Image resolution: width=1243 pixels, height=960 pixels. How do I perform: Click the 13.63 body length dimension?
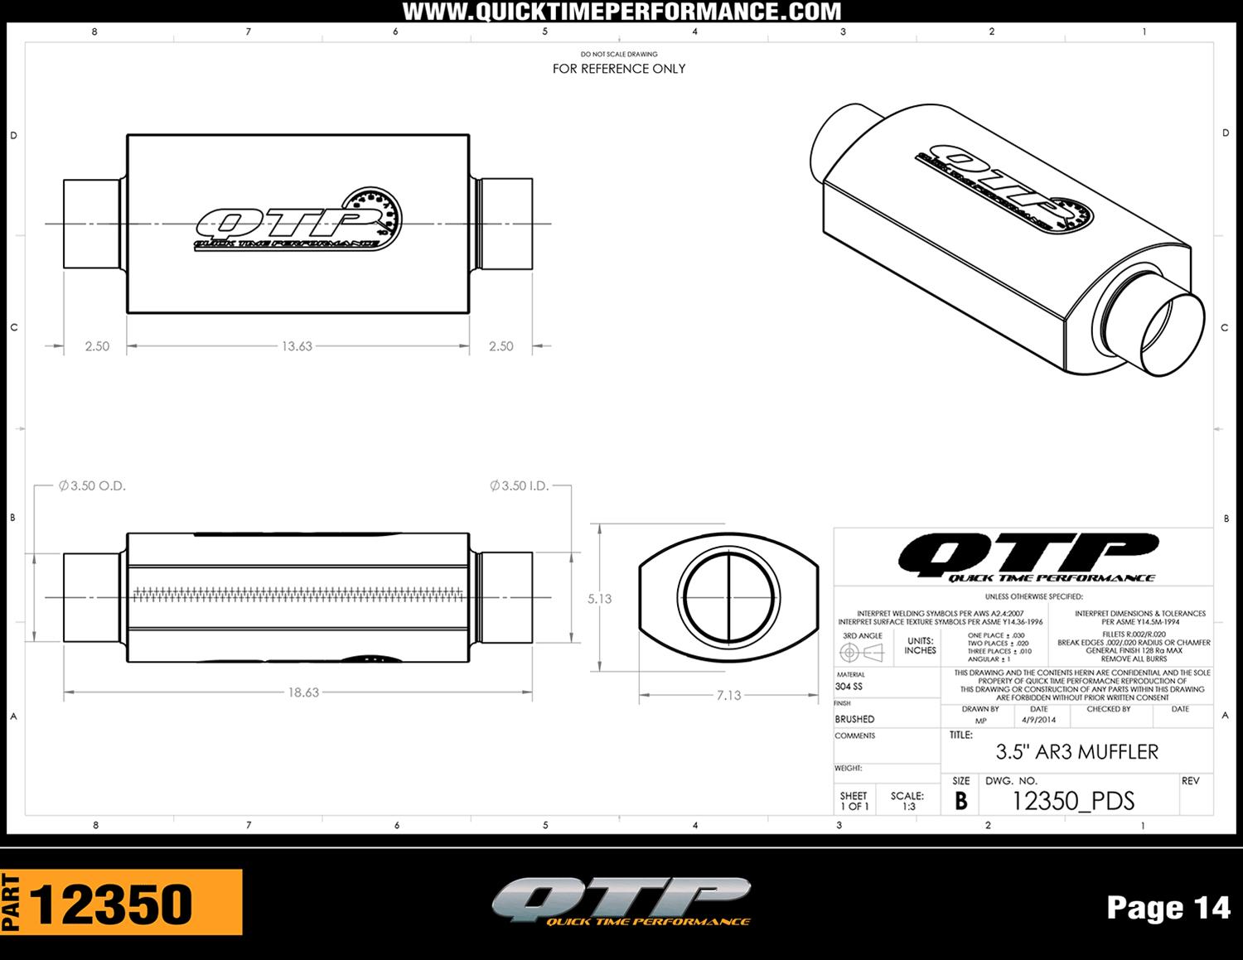tap(297, 346)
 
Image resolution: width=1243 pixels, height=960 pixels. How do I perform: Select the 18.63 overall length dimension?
tap(303, 692)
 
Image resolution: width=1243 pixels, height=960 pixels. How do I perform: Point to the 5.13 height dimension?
tap(599, 599)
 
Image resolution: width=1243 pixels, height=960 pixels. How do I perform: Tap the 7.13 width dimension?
tap(728, 696)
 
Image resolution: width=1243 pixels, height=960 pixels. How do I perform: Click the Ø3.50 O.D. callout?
tap(92, 486)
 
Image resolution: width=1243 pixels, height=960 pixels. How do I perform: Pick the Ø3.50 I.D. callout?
tap(520, 486)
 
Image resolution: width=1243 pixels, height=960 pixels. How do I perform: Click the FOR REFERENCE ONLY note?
tap(619, 69)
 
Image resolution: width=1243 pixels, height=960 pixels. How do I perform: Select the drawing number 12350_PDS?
tap(1073, 801)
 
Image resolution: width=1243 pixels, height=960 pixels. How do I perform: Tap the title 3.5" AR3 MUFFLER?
tap(1076, 752)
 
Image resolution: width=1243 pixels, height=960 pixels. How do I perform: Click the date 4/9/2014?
tap(1038, 721)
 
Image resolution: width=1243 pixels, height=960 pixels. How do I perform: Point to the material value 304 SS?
tap(849, 687)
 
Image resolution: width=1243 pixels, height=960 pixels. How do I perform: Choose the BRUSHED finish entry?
tap(854, 719)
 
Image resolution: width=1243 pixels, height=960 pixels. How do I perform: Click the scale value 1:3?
tap(908, 806)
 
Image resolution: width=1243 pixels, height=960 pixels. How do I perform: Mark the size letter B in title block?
tap(960, 801)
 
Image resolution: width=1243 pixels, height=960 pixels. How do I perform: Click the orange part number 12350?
tap(111, 904)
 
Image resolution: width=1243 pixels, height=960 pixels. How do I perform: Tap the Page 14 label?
tap(1168, 908)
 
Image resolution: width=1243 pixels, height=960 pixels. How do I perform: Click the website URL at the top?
tap(621, 12)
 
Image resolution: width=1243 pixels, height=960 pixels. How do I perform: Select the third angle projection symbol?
tap(862, 653)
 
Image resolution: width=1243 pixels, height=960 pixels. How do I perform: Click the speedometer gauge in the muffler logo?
tap(378, 212)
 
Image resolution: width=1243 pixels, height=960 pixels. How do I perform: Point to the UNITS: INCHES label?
tap(920, 645)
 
